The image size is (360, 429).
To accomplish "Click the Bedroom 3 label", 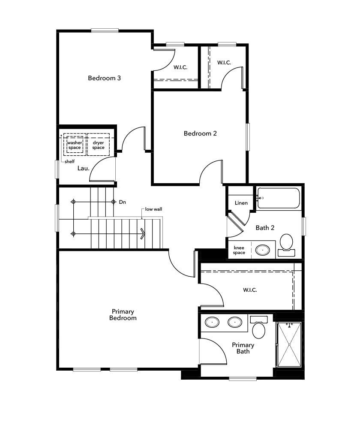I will (x=104, y=78).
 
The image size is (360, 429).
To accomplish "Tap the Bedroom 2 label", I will (x=200, y=133).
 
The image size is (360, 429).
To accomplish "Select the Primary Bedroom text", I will (x=123, y=314).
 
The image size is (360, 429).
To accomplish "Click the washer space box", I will (x=74, y=145).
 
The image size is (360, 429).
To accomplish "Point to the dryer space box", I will (x=98, y=145).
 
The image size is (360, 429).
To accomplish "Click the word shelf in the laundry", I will (x=69, y=162).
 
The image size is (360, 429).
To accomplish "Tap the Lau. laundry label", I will (x=84, y=168).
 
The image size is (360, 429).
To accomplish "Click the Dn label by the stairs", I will (x=122, y=202).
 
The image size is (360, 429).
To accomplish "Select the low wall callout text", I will (x=153, y=209).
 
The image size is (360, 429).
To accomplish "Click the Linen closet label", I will (x=241, y=202).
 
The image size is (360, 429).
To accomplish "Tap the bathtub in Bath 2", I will (x=279, y=198).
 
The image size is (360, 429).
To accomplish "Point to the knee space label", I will (x=239, y=250).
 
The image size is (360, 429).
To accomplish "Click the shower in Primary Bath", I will (x=289, y=344).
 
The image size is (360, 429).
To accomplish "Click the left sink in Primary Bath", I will (x=211, y=322).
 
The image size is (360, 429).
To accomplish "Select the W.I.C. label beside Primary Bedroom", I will (x=250, y=290).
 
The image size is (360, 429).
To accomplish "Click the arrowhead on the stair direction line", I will (x=143, y=233).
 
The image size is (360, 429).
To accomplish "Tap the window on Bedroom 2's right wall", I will (x=248, y=137).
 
